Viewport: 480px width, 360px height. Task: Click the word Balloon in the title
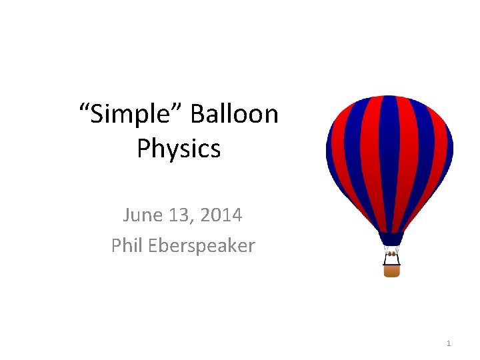(234, 115)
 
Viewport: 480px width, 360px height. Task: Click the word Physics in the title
(179, 148)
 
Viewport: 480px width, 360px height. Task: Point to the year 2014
(221, 215)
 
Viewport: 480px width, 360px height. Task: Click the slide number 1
(449, 343)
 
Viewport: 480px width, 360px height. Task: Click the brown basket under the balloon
(392, 271)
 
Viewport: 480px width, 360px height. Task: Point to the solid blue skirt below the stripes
(391, 239)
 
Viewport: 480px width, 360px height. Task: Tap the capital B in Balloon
(198, 115)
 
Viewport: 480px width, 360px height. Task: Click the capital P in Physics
(143, 148)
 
